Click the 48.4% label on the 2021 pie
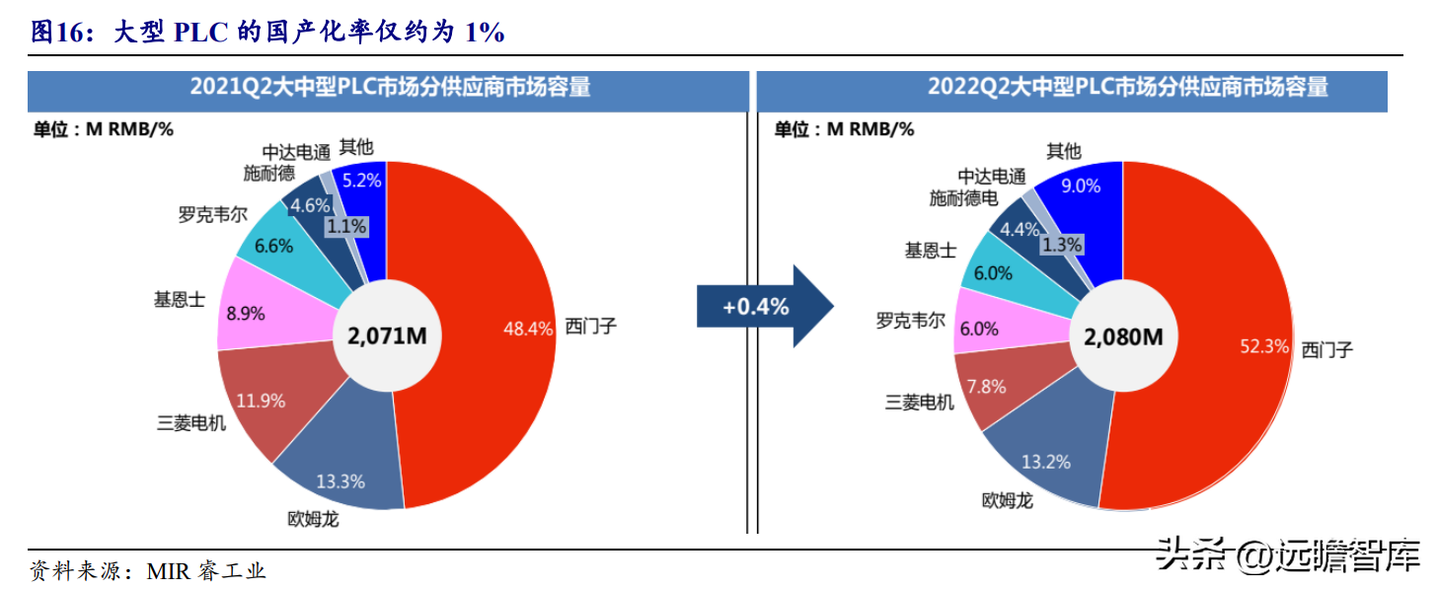[528, 329]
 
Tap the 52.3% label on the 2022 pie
[1264, 345]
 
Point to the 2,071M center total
[387, 335]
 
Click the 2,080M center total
[1123, 336]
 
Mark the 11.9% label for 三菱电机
[261, 401]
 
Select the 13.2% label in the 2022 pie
[1046, 462]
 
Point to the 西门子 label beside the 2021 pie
[591, 327]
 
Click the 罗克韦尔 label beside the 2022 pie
[911, 321]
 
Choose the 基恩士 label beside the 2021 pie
[180, 299]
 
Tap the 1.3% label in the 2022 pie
[1062, 245]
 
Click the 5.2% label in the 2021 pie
[361, 181]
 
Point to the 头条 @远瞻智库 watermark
[1289, 554]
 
